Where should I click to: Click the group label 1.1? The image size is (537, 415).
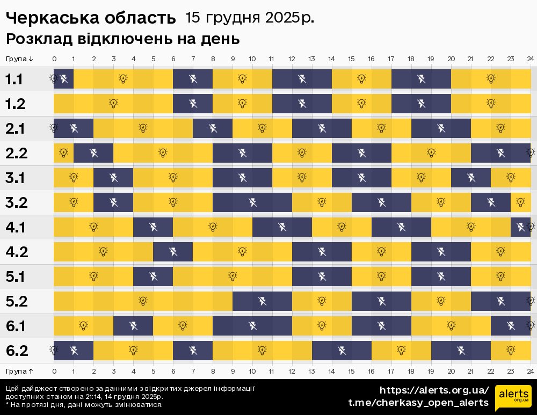(14, 79)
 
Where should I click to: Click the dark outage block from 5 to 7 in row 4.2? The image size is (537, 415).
(173, 251)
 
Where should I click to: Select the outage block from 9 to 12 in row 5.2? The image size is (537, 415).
(263, 301)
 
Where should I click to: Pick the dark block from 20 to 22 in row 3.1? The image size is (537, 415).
(471, 177)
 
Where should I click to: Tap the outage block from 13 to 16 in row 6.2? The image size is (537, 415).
(342, 351)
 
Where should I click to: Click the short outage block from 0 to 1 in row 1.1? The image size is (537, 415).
(63, 79)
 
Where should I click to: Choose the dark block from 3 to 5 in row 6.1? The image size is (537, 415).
(133, 325)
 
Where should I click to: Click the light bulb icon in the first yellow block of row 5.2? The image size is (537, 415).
(143, 301)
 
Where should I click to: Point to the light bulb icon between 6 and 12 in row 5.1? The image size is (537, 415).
(233, 276)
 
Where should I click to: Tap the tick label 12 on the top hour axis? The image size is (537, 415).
(292, 59)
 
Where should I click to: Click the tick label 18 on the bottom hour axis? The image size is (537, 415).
(411, 371)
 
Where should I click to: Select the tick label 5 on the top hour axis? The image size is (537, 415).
(153, 59)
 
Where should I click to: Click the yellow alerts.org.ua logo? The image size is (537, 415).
(513, 397)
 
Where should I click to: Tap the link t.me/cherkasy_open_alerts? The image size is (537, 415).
(418, 403)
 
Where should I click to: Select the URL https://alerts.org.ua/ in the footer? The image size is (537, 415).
(434, 390)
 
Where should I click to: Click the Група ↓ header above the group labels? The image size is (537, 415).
(20, 59)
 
